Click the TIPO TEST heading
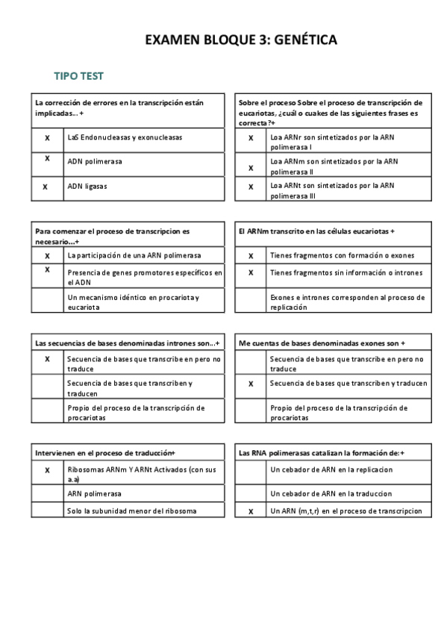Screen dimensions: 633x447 tap(78, 76)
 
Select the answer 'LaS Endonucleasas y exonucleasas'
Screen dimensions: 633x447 tap(124, 138)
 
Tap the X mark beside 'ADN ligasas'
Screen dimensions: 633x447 tap(47, 187)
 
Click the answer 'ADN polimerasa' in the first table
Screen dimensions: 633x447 tap(95, 161)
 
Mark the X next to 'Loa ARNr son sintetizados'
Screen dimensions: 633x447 tap(251, 138)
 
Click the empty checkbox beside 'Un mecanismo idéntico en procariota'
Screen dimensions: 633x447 tap(47, 302)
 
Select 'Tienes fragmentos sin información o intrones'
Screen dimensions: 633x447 tap(346, 272)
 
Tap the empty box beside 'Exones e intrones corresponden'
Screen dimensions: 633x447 tap(251, 302)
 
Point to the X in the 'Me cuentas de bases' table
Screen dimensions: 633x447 tap(251, 384)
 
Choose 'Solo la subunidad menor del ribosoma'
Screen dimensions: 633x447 tap(131, 511)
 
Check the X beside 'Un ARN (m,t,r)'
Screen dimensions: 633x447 tap(251, 511)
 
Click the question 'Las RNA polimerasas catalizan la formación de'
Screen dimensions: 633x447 tap(321, 452)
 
